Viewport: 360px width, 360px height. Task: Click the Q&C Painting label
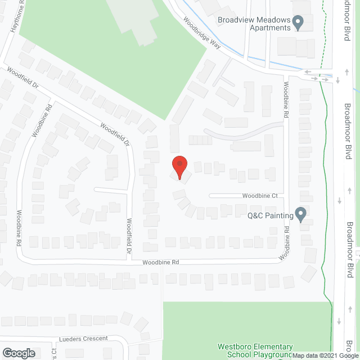point(271,215)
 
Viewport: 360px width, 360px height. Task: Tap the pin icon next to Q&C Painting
point(300,214)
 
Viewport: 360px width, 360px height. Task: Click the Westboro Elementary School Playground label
point(255,350)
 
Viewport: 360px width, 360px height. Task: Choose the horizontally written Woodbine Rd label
point(160,262)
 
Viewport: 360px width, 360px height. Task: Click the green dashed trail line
point(325,169)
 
